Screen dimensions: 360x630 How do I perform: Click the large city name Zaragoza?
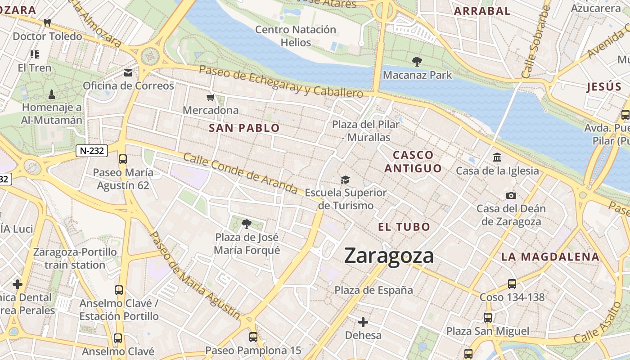pos(389,256)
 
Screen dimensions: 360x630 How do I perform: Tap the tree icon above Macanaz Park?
pos(417,62)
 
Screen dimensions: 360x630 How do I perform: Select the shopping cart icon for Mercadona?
pos(210,97)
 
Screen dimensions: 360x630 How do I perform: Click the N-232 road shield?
pos(91,151)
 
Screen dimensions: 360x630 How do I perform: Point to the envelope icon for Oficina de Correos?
pos(129,73)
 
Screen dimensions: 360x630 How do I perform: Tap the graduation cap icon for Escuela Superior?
pos(345,180)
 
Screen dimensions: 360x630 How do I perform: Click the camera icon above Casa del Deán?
pos(511,195)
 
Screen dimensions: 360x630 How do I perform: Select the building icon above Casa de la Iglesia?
pos(497,157)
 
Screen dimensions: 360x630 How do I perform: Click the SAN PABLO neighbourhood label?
pos(244,128)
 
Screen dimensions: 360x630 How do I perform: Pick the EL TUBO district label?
pos(404,227)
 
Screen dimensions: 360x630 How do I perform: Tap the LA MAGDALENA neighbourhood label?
pos(550,257)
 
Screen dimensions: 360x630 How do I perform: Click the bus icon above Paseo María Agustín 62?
pos(122,159)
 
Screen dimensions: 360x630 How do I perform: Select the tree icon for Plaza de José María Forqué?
pos(246,224)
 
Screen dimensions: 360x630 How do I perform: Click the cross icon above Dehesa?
pos(363,322)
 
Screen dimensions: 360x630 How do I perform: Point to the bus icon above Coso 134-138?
pos(512,284)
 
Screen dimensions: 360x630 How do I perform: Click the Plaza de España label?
pos(373,290)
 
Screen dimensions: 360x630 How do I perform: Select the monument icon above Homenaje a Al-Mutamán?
pos(52,94)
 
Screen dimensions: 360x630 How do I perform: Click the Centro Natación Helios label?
pos(296,36)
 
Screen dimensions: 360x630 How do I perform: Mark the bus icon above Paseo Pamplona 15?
pos(253,337)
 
